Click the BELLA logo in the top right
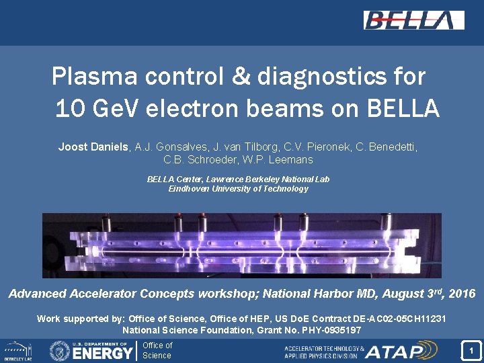coord(413,20)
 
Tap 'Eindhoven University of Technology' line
coord(238,189)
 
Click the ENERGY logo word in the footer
coord(102,352)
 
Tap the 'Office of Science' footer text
coord(157,350)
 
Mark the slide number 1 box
coord(471,350)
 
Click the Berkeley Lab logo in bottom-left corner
coord(18,351)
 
